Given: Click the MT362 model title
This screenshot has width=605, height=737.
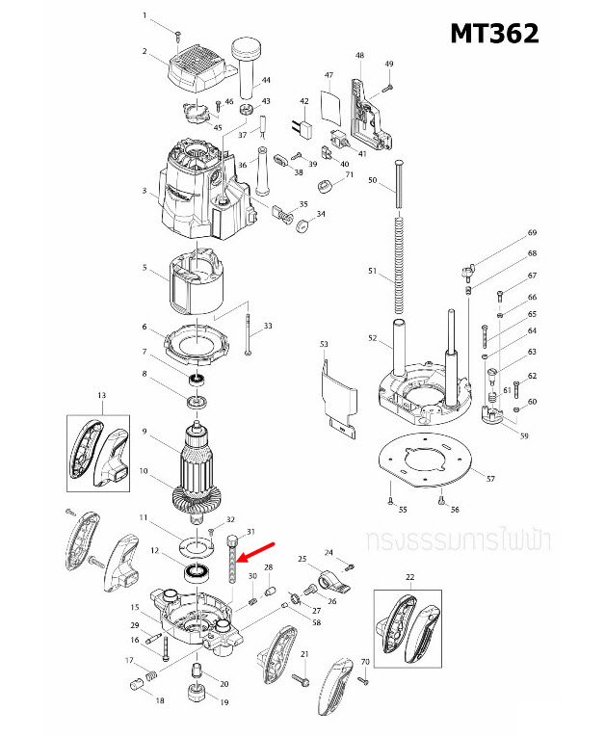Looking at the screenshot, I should pos(494,32).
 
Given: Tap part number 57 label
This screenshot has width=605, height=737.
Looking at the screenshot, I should pos(490,479).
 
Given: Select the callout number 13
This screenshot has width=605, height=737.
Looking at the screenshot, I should pos(101,396).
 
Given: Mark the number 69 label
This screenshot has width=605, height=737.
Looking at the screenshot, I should pos(531,233).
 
